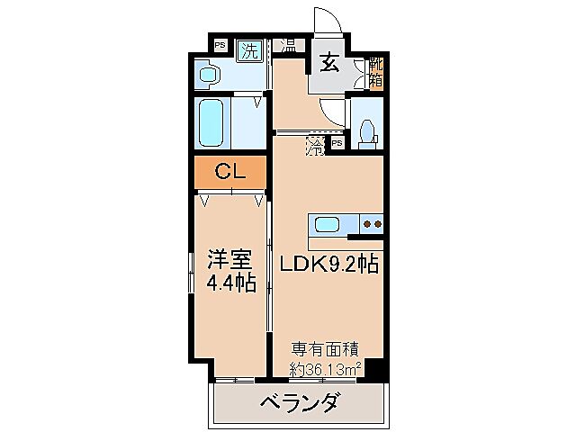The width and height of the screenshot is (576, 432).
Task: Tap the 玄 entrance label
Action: tap(328, 64)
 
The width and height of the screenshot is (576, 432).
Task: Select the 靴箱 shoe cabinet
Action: tap(375, 71)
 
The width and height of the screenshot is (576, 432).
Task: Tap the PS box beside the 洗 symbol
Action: tap(220, 45)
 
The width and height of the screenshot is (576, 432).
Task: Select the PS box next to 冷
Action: tap(337, 143)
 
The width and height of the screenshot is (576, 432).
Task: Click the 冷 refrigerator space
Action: tap(315, 145)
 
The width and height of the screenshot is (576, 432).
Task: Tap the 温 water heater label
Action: tap(290, 45)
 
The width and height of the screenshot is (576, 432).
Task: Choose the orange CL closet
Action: tap(229, 171)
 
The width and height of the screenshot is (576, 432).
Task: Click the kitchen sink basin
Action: tap(326, 223)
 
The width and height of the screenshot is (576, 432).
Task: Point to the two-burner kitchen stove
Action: tap(373, 223)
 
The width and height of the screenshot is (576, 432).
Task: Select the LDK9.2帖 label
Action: tap(328, 265)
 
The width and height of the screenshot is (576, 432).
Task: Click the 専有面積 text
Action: tap(325, 348)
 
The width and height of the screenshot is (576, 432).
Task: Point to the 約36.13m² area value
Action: tap(326, 368)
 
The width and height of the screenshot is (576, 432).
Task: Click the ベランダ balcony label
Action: tap(300, 401)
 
